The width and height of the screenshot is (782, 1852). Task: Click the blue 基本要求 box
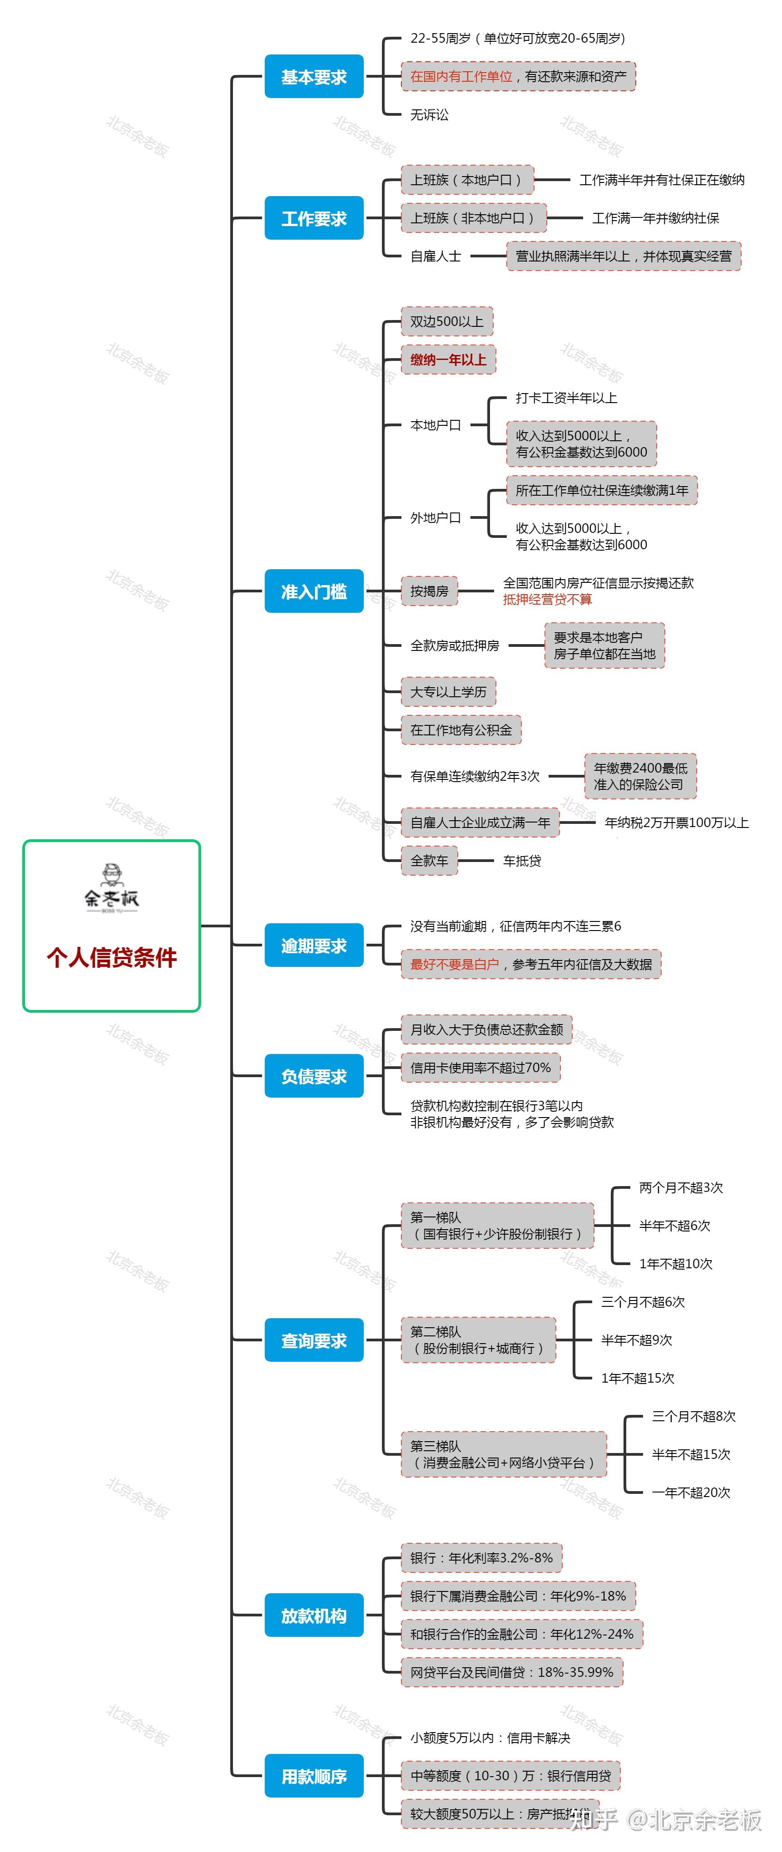314,76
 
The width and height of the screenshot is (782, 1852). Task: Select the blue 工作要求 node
314,218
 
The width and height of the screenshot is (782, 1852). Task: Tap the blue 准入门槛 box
314,591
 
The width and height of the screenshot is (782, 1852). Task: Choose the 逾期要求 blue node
314,946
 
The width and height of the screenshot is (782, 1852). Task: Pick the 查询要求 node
314,1340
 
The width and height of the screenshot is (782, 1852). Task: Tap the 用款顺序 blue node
314,1776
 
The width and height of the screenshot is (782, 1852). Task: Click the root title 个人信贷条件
112,957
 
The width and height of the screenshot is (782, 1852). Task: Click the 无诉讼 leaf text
430,114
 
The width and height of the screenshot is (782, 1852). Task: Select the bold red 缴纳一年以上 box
448,360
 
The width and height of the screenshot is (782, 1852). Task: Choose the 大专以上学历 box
448,692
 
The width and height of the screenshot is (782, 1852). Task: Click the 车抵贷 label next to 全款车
522,861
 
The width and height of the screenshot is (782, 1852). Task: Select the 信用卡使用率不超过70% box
480,1068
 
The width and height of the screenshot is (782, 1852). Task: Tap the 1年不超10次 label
676,1264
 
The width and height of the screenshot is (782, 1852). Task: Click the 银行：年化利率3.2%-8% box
481,1558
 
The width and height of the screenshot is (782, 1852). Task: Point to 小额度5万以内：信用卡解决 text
490,1738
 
